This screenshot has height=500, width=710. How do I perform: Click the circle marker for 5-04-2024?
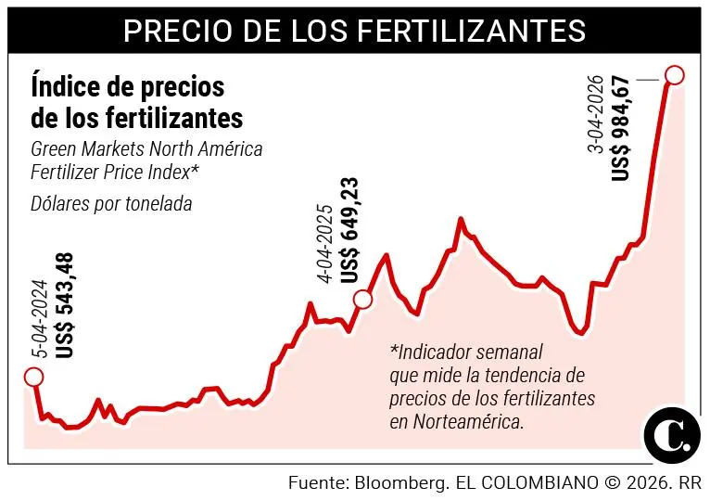point(33,376)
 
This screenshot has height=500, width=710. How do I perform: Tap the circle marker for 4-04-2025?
point(362,299)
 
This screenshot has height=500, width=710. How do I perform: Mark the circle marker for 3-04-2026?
point(675,75)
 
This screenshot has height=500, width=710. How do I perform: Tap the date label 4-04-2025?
point(324,243)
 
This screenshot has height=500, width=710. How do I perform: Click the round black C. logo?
point(671,433)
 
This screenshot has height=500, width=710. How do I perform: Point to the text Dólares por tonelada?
point(111,204)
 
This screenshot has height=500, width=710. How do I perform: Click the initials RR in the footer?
point(689,483)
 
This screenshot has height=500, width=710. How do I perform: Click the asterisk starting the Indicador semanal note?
point(394,352)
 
